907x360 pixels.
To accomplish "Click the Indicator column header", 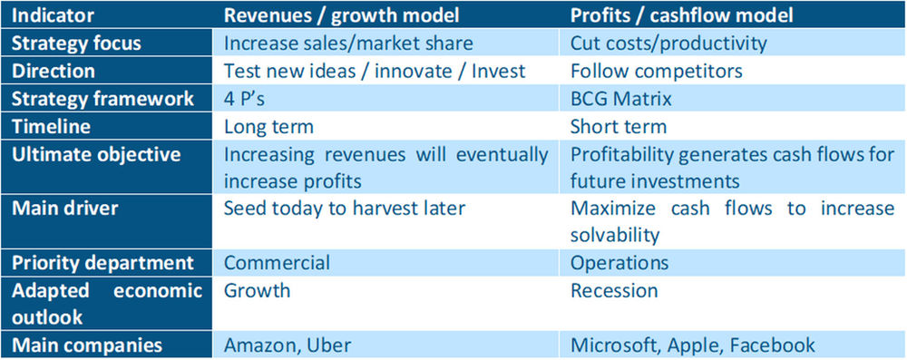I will [54, 15].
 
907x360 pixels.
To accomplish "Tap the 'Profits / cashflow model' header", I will [681, 15].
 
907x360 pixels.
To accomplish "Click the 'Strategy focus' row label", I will [76, 42].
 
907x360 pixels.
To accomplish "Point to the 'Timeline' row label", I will [51, 126].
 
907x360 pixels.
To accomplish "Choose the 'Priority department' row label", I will [102, 263].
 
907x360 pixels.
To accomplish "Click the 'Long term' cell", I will [268, 126].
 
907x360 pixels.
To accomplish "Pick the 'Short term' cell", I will [619, 126].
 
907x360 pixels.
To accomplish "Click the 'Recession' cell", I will [614, 291].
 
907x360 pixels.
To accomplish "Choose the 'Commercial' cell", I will [277, 263].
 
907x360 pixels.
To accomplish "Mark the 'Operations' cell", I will [619, 263].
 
